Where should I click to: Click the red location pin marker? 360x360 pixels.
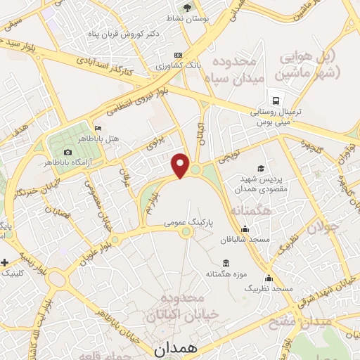click(x=181, y=164)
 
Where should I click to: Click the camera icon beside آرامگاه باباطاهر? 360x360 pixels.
click(x=67, y=152)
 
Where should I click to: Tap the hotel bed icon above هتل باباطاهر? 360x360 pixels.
click(x=97, y=128)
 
